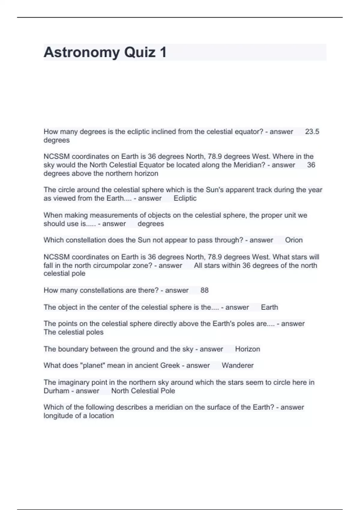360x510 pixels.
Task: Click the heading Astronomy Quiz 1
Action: coord(105,52)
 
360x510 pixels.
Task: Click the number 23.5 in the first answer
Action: coord(312,131)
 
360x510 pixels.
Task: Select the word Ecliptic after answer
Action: coord(185,198)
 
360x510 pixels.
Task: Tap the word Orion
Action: coord(294,240)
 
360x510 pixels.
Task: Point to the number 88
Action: coord(204,290)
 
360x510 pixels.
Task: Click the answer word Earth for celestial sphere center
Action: coord(269,307)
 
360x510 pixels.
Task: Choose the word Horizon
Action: coord(247,349)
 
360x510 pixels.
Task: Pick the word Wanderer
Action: coord(238,365)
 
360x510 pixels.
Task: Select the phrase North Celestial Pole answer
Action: coord(143,391)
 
